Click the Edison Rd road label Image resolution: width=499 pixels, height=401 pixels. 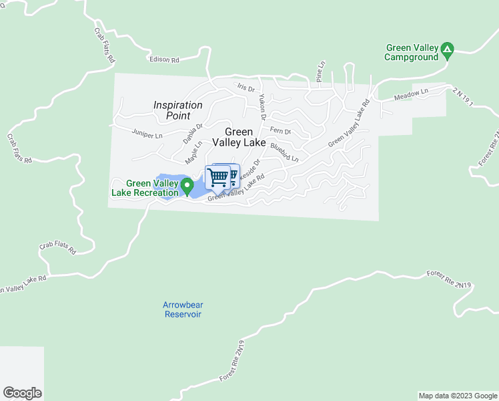pyautogui.click(x=165, y=59)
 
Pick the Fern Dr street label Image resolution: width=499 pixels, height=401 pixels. pyautogui.click(x=281, y=132)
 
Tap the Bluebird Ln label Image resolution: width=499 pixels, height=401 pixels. pyautogui.click(x=284, y=152)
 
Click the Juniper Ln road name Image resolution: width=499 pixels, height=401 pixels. pyautogui.click(x=147, y=135)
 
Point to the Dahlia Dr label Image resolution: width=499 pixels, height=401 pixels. pyautogui.click(x=192, y=133)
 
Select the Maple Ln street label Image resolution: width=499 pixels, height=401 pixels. pyautogui.click(x=193, y=153)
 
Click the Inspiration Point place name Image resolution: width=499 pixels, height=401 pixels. pyautogui.click(x=177, y=110)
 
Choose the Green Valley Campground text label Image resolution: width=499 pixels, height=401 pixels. pyautogui.click(x=412, y=52)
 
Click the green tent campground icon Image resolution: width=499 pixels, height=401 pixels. pyautogui.click(x=448, y=49)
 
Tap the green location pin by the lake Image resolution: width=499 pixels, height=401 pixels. pyautogui.click(x=188, y=185)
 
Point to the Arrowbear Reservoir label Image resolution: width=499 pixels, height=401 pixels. pyautogui.click(x=182, y=309)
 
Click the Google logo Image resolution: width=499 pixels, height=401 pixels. pyautogui.click(x=22, y=393)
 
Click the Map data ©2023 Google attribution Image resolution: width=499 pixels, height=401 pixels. pyautogui.click(x=458, y=396)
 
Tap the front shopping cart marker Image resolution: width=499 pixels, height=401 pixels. pyautogui.click(x=217, y=177)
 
